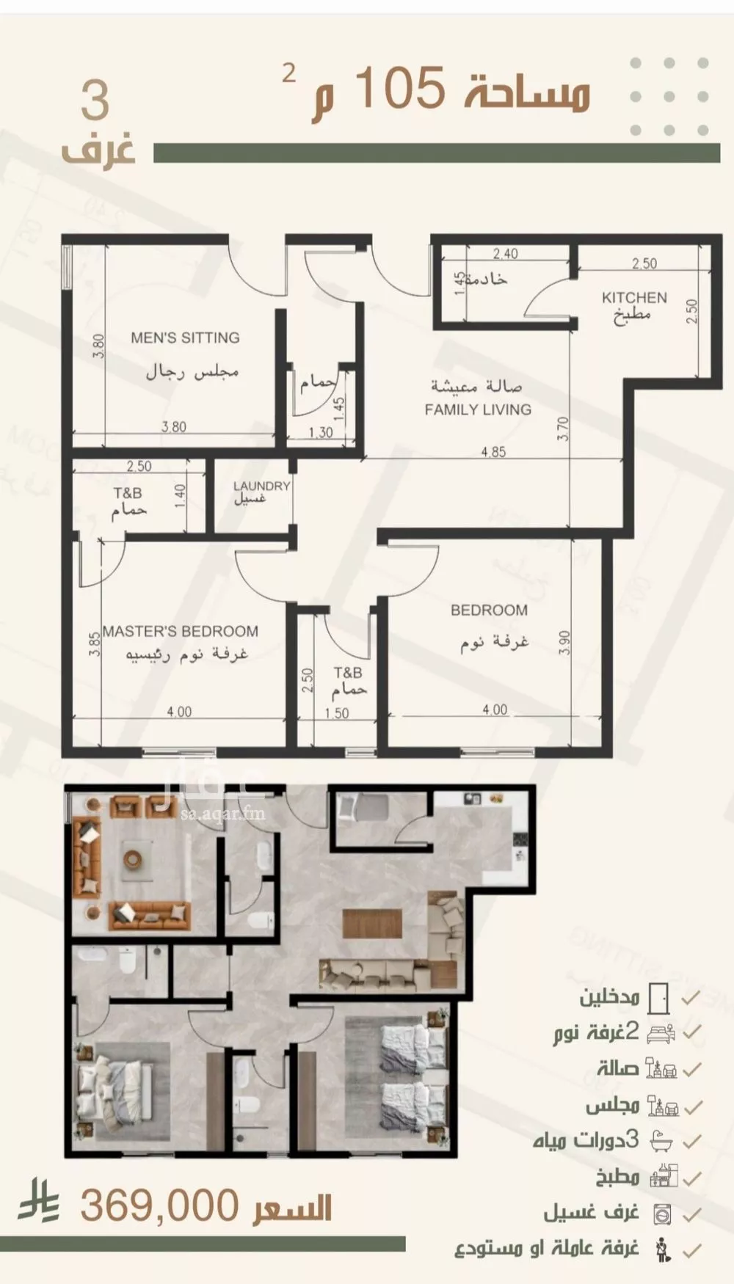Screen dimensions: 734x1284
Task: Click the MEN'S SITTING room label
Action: (185, 338)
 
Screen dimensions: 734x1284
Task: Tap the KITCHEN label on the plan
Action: (634, 297)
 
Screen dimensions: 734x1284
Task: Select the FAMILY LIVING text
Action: (478, 409)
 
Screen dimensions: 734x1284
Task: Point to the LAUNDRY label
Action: (261, 486)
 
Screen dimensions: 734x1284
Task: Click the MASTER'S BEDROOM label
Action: (181, 631)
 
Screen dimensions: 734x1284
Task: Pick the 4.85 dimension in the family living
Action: (493, 452)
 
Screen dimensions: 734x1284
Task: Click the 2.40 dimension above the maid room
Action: (505, 254)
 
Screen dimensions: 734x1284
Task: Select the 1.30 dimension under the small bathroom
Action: (321, 433)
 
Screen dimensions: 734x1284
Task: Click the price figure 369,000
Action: (159, 1205)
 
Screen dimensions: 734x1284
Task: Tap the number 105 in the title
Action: (401, 87)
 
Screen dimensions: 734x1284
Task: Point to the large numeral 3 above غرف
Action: (95, 101)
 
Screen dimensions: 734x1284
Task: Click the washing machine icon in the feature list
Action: (662, 1214)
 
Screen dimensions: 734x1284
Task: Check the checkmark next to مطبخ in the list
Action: (691, 1178)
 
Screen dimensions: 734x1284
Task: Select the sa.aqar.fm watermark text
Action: (223, 813)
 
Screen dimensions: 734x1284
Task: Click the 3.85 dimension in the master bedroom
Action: (94, 643)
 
